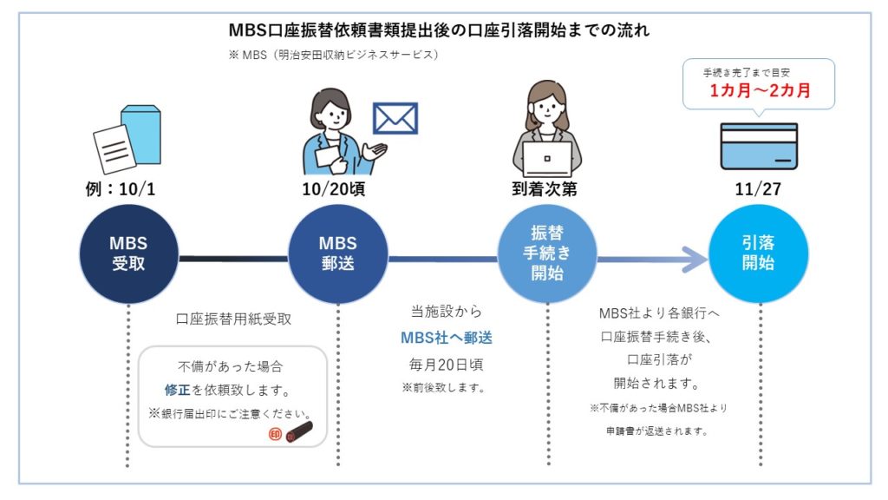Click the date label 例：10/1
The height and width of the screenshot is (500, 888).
tap(127, 189)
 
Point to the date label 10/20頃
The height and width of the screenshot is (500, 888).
tap(337, 189)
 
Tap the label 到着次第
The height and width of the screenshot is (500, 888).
tap(547, 189)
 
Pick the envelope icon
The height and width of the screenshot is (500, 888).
tap(395, 118)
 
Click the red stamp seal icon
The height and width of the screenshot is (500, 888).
tap(275, 434)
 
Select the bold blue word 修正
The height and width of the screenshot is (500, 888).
tap(177, 390)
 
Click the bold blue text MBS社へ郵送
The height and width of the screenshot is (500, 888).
tap(446, 338)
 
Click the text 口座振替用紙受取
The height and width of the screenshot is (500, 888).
tap(233, 319)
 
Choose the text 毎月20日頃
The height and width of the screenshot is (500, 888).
tap(445, 364)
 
